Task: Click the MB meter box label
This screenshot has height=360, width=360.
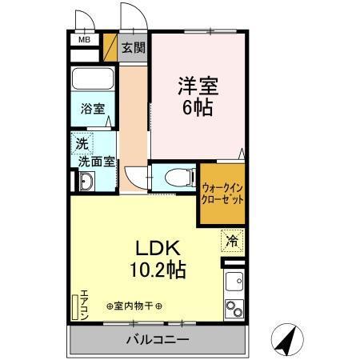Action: [x=84, y=38]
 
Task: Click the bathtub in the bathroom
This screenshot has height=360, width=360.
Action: [x=92, y=82]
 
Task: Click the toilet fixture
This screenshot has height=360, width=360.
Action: [x=174, y=176]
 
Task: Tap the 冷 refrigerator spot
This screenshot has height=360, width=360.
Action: [x=230, y=239]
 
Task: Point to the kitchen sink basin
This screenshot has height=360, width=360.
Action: [x=234, y=282]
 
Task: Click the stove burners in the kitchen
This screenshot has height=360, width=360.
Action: [x=233, y=308]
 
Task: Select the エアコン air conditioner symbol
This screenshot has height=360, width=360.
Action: [x=77, y=307]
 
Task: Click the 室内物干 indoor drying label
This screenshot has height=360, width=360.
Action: [x=134, y=306]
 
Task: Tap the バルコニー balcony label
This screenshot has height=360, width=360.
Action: [x=157, y=340]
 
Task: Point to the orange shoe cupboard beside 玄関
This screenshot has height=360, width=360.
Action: [x=110, y=48]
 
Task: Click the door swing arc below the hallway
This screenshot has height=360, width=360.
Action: [x=136, y=176]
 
